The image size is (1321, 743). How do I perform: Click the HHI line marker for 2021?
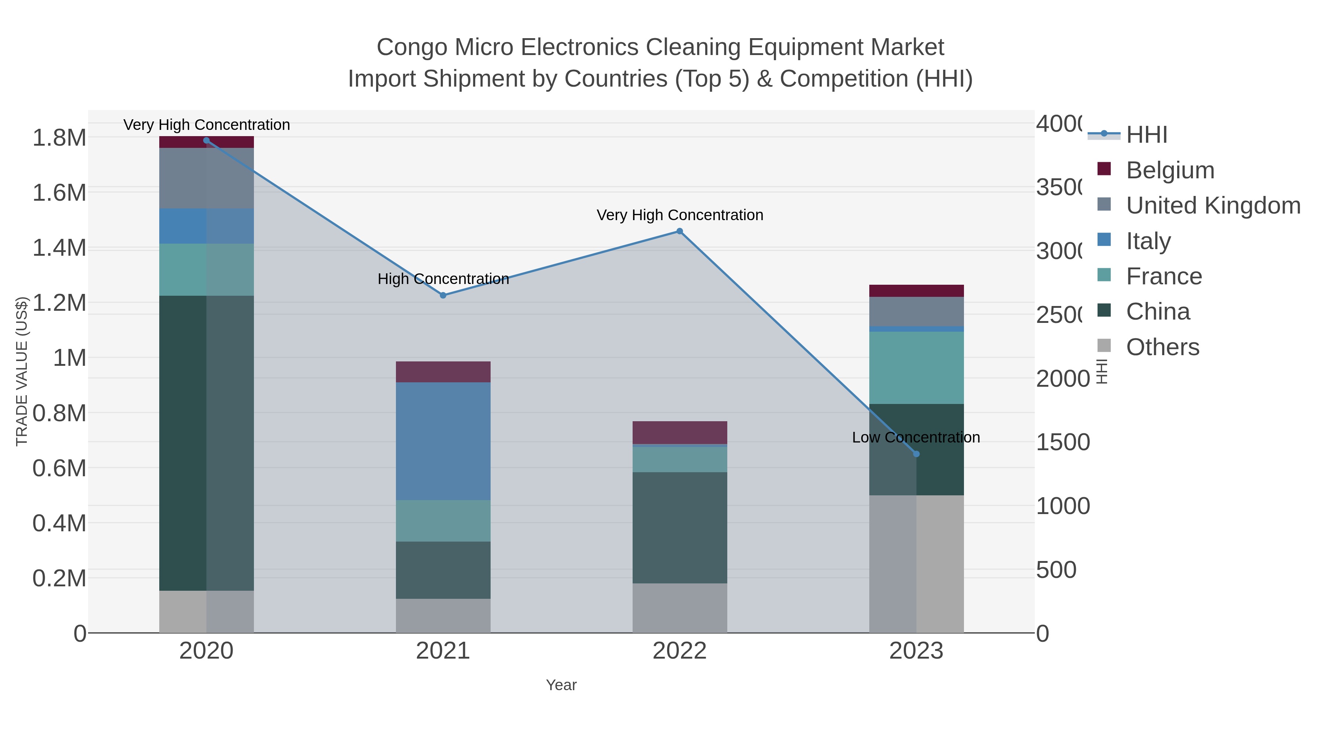click(443, 295)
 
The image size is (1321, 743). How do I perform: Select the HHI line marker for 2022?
click(680, 231)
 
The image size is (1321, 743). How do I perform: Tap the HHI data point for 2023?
click(916, 454)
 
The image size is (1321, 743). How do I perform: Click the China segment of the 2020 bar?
click(206, 443)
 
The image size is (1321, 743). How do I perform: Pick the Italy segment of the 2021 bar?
click(443, 441)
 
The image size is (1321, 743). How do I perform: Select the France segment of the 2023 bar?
click(916, 368)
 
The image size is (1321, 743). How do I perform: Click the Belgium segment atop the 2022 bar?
click(680, 432)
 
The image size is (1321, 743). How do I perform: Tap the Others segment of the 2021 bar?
click(443, 615)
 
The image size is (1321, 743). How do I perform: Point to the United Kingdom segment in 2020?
click(206, 178)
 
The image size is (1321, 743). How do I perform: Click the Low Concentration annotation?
click(916, 437)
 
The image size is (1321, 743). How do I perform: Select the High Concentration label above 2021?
click(443, 279)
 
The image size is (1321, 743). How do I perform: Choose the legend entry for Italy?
click(1148, 240)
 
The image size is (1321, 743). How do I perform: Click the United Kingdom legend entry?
click(1213, 205)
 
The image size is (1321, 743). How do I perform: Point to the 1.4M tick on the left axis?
click(59, 248)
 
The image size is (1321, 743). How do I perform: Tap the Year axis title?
click(561, 685)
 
